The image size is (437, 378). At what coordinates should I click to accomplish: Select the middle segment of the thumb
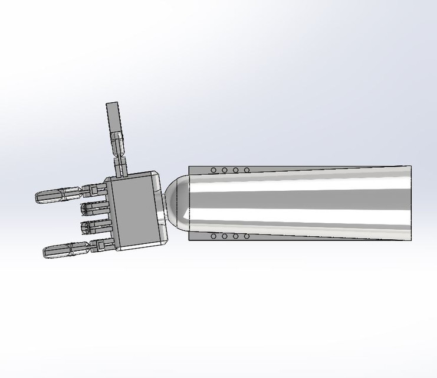pyautogui.click(x=118, y=144)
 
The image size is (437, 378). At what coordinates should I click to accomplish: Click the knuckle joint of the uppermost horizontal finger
pyautogui.click(x=92, y=190)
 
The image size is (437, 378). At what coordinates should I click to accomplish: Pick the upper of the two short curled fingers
pyautogui.click(x=94, y=208)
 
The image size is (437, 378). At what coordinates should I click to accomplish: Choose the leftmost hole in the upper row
pyautogui.click(x=213, y=171)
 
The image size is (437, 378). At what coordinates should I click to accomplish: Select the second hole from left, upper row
pyautogui.click(x=225, y=171)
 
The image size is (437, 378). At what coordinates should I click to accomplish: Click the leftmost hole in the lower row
pyautogui.click(x=213, y=237)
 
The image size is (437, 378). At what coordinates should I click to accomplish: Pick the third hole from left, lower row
pyautogui.click(x=235, y=237)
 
